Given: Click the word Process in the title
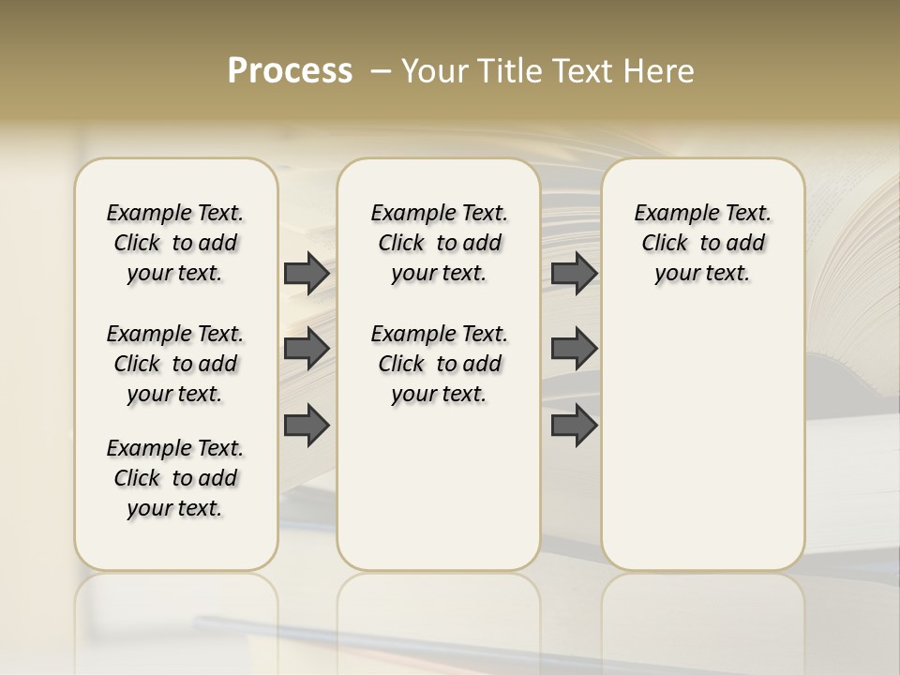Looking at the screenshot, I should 290,71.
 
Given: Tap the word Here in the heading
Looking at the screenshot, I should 661,71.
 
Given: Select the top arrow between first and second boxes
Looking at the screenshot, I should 307,273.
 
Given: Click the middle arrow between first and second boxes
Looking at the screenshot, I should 307,349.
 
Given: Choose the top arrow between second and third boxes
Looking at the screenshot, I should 574,273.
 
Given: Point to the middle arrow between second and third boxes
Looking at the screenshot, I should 574,349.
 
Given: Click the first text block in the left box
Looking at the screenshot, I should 175,243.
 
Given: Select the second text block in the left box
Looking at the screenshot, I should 175,364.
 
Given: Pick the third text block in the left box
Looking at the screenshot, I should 175,478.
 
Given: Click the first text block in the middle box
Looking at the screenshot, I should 439,243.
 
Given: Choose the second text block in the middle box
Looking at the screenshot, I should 439,364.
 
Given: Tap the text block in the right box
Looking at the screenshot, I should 703,243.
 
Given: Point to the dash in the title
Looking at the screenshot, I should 381,72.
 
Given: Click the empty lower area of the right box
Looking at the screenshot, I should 703,441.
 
